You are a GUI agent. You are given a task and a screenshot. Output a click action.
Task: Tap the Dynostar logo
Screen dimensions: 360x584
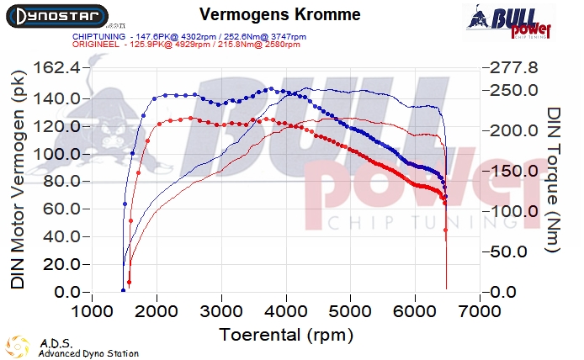55,15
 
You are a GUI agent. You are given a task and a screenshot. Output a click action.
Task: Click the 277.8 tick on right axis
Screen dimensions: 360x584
509,67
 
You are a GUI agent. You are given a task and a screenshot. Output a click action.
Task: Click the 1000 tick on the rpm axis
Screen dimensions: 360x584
92,312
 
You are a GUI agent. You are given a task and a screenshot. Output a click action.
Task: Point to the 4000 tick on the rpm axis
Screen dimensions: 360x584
285,312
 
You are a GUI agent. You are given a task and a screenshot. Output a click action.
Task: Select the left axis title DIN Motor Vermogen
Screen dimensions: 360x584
18,180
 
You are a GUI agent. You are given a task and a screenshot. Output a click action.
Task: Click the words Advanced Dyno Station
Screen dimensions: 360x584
88,353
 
